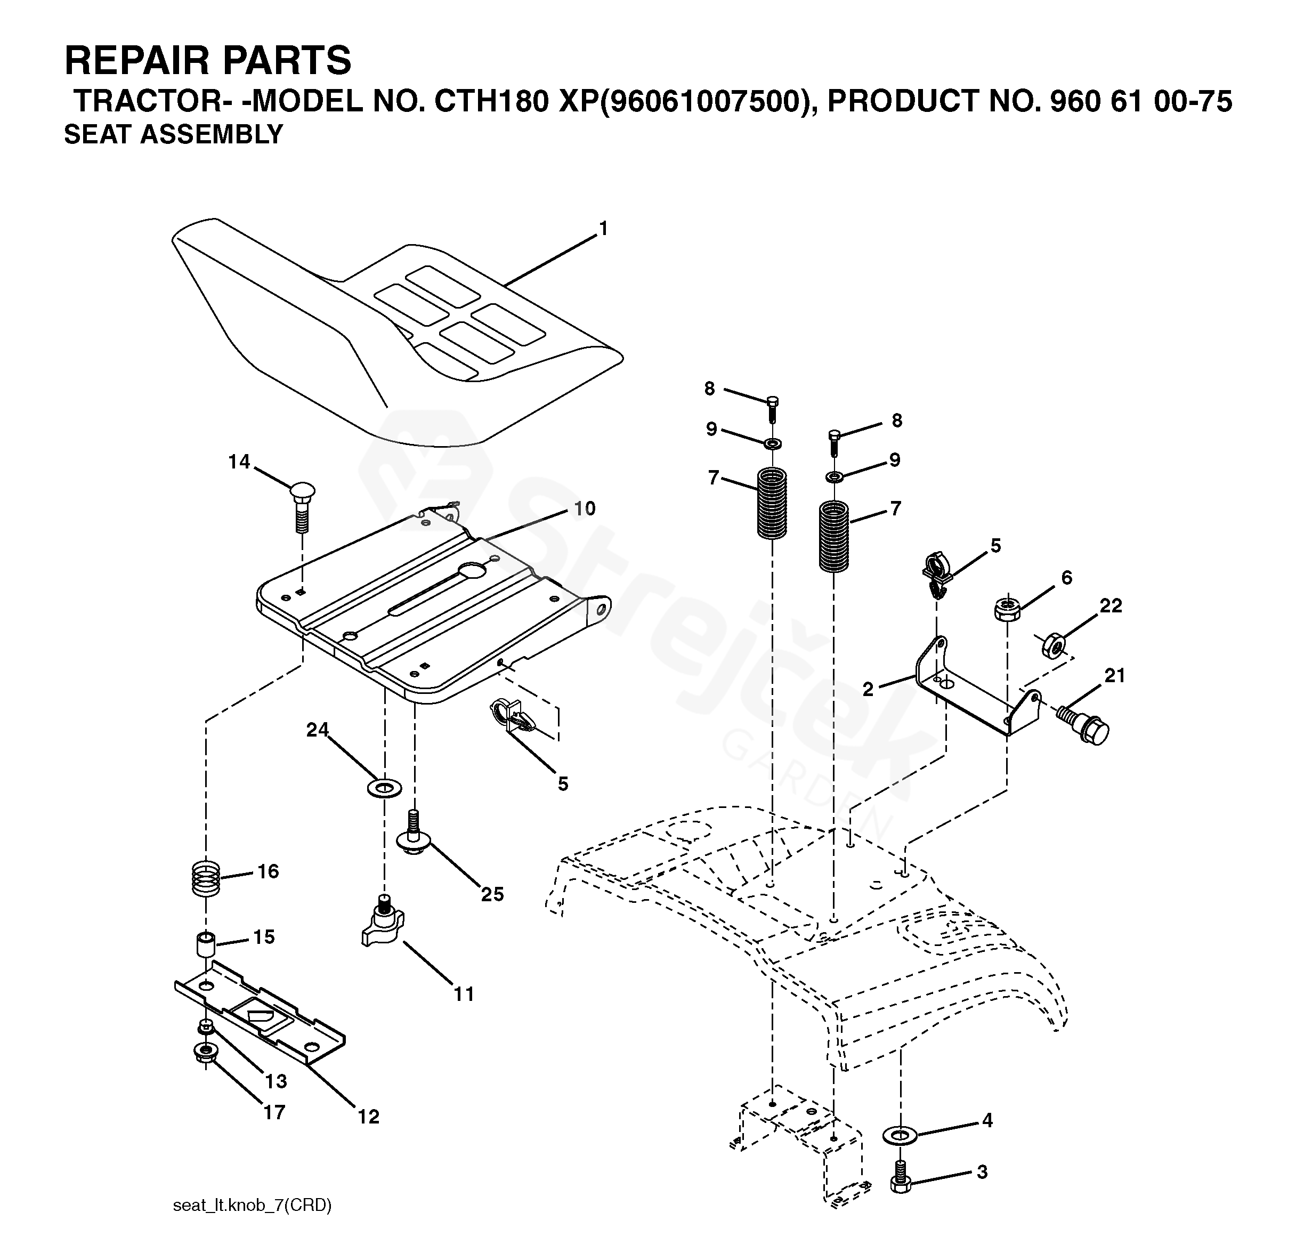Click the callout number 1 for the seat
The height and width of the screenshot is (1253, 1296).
tap(602, 229)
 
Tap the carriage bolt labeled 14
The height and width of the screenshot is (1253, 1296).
tap(302, 506)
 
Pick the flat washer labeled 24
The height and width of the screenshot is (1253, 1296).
tap(384, 788)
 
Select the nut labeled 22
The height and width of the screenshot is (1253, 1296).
tap(1052, 645)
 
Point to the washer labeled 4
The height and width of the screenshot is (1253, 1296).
tap(900, 1136)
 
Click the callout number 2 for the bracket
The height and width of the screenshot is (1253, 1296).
tap(868, 689)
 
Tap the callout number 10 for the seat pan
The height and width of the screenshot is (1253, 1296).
tap(585, 508)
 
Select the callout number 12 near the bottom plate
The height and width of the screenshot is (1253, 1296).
tap(368, 1117)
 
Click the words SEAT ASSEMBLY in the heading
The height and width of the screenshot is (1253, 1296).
tap(173, 134)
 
